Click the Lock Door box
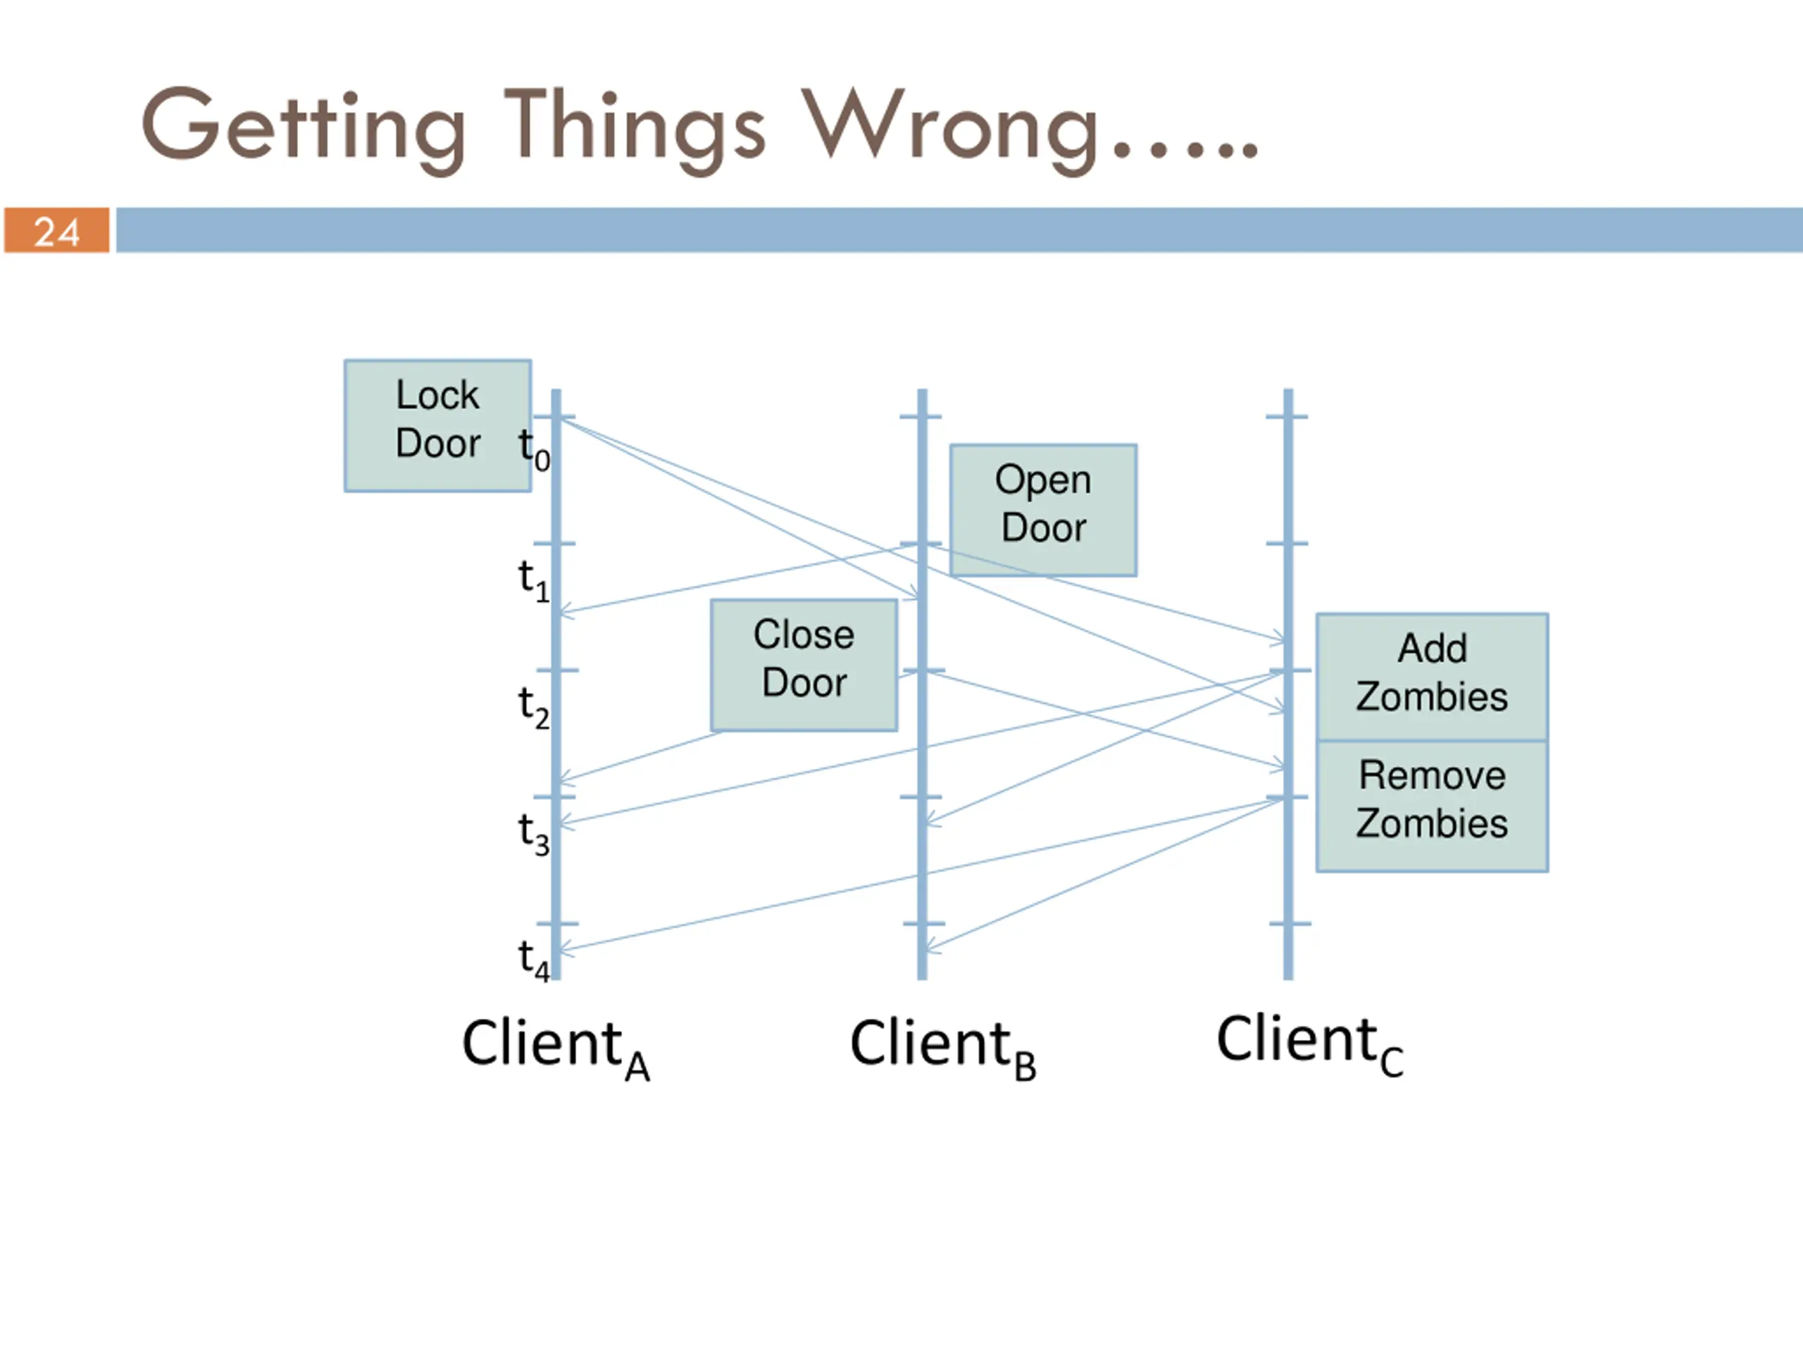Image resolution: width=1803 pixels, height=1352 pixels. [437, 425]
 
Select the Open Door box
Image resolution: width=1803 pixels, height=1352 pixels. [1043, 510]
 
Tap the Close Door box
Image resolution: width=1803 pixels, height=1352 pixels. [804, 665]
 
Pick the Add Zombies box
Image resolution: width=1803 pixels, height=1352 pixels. [1432, 677]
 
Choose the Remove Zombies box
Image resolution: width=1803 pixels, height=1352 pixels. [1432, 806]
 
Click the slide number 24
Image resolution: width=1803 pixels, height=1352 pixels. [56, 232]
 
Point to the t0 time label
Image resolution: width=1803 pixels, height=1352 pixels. [535, 449]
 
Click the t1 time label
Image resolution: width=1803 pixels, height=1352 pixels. [535, 580]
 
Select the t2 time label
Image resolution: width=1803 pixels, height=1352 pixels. [535, 706]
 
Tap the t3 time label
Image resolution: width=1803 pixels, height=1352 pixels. [535, 833]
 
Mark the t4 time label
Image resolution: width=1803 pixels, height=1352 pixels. [535, 959]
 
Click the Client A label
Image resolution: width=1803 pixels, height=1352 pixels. [556, 1049]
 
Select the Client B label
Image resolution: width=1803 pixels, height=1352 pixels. [943, 1049]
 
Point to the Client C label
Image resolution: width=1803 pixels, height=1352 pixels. [1310, 1046]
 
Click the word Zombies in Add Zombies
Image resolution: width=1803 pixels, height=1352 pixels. [1432, 697]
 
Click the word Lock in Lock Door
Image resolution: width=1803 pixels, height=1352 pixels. [437, 394]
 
